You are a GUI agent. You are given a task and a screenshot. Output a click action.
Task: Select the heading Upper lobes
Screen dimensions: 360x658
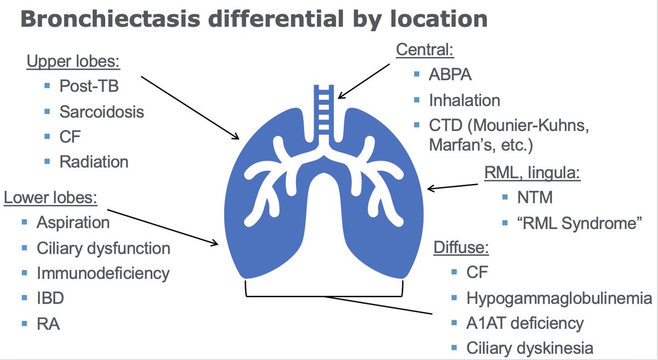pos(72,61)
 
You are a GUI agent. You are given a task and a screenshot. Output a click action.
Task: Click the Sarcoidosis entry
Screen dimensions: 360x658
pos(102,112)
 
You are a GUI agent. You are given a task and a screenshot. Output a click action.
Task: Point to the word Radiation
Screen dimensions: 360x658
pos(94,162)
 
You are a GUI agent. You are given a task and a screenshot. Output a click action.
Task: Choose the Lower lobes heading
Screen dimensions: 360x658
pos(51,197)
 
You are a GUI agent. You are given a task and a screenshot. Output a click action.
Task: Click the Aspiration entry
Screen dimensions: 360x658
pos(73,223)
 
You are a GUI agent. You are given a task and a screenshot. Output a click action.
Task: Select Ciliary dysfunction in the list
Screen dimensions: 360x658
pos(103,248)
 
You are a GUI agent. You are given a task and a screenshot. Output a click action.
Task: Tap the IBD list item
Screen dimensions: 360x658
pos(50,298)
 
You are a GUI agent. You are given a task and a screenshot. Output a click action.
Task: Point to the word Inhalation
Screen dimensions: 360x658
pos(464,101)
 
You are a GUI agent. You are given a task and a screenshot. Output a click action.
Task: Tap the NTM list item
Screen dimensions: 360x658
pos(535,199)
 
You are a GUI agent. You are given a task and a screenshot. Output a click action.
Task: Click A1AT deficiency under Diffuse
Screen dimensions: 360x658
pos(525,323)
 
